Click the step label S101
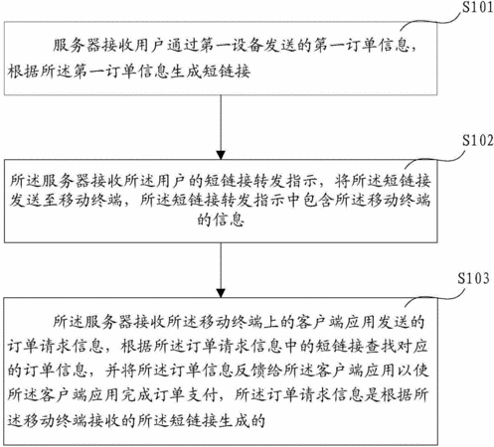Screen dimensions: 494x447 477,7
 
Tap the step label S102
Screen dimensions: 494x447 478,141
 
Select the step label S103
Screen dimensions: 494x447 473,278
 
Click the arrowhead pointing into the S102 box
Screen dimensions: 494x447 221,155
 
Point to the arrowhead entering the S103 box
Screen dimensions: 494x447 221,293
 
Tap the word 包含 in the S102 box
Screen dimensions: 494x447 317,200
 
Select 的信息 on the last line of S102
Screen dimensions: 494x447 221,220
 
